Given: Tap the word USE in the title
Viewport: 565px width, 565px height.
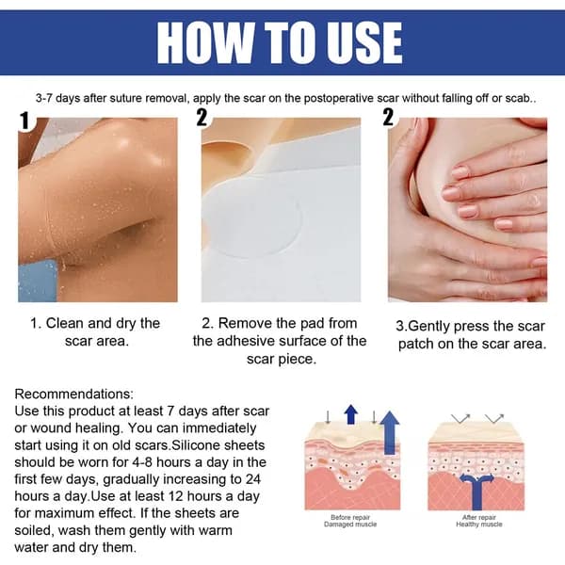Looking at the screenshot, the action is (363, 43).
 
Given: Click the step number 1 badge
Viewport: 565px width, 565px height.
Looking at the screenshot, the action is (24, 121).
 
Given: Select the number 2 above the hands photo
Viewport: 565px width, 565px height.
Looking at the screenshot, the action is (388, 117).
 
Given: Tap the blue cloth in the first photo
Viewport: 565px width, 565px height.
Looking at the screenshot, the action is (38, 281).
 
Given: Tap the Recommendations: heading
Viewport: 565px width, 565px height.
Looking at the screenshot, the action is (73, 394).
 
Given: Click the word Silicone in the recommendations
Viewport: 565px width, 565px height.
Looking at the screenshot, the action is (196, 445).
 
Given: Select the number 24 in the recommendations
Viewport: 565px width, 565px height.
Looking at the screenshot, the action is (253, 479).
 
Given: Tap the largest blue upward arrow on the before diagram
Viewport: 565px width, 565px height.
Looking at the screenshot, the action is (390, 432).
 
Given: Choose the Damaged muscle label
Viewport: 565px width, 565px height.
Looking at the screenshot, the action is (350, 525).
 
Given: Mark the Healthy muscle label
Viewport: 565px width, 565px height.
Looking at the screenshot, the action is (479, 525).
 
